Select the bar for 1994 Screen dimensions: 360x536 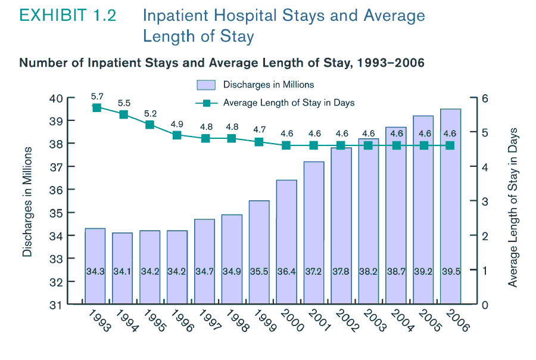pyautogui.click(x=122, y=268)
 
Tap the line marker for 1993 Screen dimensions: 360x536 pyautogui.click(x=96, y=108)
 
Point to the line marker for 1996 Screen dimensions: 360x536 pyautogui.click(x=177, y=135)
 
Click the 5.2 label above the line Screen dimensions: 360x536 pyautogui.click(x=150, y=114)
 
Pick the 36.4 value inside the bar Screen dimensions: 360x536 pyautogui.click(x=286, y=271)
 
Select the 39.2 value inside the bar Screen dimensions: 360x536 pyautogui.click(x=423, y=271)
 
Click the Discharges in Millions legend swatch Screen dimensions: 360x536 pyautogui.click(x=205, y=85)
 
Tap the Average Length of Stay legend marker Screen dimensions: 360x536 pyautogui.click(x=207, y=103)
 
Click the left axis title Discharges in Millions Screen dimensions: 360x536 pyautogui.click(x=27, y=201)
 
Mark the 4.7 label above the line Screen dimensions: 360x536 pyautogui.click(x=259, y=129)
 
